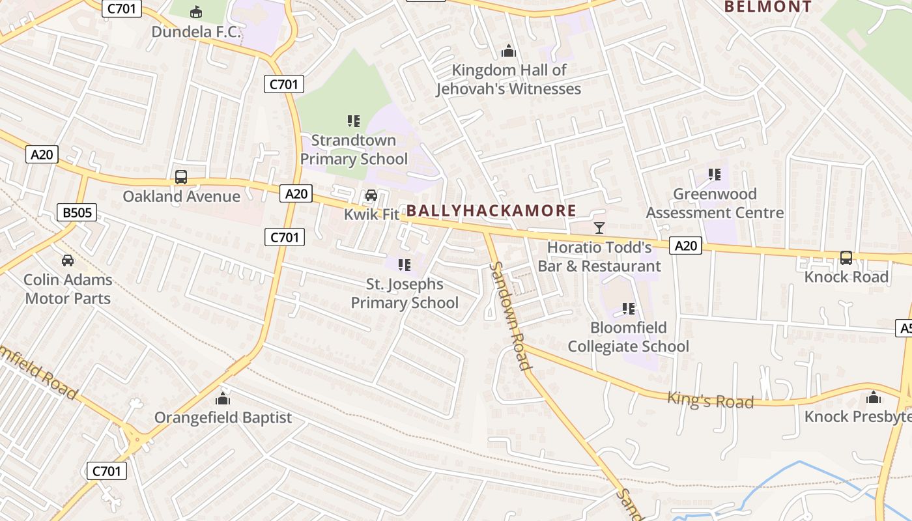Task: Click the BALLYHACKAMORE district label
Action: (x=491, y=210)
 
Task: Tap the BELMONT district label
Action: (x=768, y=7)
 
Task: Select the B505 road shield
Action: (x=77, y=212)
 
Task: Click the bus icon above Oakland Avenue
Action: (x=181, y=177)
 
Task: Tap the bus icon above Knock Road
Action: (x=846, y=258)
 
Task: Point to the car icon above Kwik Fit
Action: (x=371, y=195)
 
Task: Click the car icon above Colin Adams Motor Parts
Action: (x=68, y=260)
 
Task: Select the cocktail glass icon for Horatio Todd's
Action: (x=599, y=228)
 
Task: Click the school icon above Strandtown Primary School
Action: (x=354, y=121)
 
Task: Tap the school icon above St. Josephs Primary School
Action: (x=405, y=265)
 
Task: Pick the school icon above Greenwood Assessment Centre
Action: (x=715, y=175)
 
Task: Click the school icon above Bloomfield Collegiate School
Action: (x=629, y=309)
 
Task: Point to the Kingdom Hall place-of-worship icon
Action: (x=508, y=51)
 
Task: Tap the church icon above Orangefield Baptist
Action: (x=223, y=398)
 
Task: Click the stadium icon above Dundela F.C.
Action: (x=195, y=12)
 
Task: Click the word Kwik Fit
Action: (x=371, y=214)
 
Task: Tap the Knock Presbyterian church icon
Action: (x=874, y=397)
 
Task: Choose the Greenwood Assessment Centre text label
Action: (x=715, y=203)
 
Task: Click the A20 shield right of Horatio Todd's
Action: (x=685, y=246)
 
